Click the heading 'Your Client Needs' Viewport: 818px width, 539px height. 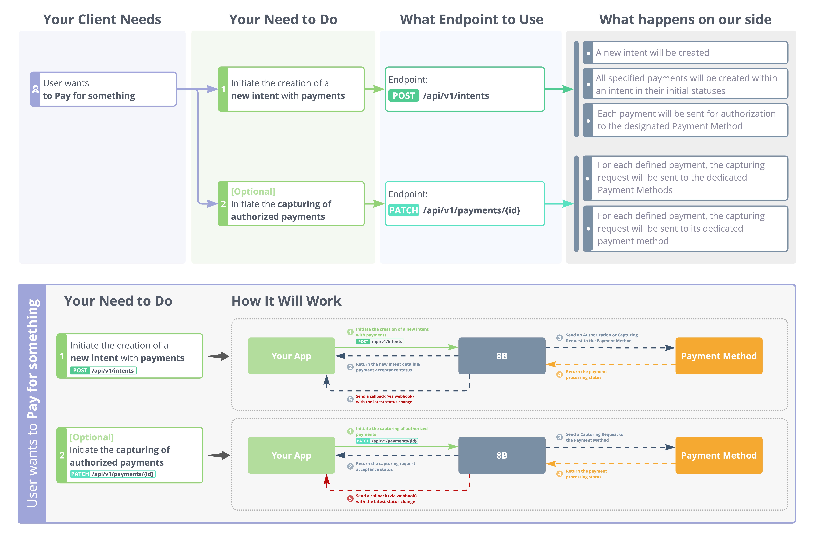coord(102,20)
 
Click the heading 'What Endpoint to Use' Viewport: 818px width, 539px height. coord(472,20)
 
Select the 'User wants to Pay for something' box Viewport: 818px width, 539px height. coord(103,89)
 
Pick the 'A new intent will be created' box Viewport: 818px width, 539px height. coord(685,53)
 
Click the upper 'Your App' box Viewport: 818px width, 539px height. coord(291,356)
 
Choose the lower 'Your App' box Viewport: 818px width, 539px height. coord(291,455)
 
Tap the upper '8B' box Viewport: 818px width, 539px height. coord(502,356)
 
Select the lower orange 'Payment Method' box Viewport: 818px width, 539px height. coord(719,455)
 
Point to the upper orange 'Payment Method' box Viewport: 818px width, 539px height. coord(719,356)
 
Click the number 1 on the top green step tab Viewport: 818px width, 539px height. coord(223,89)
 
